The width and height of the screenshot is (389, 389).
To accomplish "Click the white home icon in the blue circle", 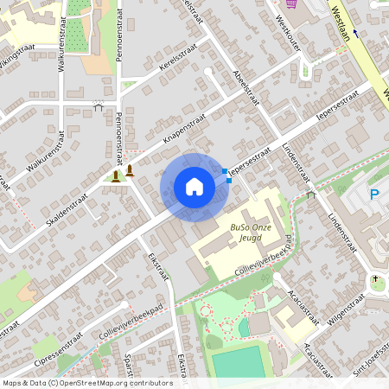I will [194, 186].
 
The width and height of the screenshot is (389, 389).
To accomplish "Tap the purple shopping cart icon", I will [291, 3].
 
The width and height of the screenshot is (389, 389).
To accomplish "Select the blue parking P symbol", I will [375, 195].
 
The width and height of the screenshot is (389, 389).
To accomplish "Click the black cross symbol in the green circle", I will [376, 279].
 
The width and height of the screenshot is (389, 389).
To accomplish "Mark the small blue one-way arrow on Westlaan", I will [355, 34].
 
